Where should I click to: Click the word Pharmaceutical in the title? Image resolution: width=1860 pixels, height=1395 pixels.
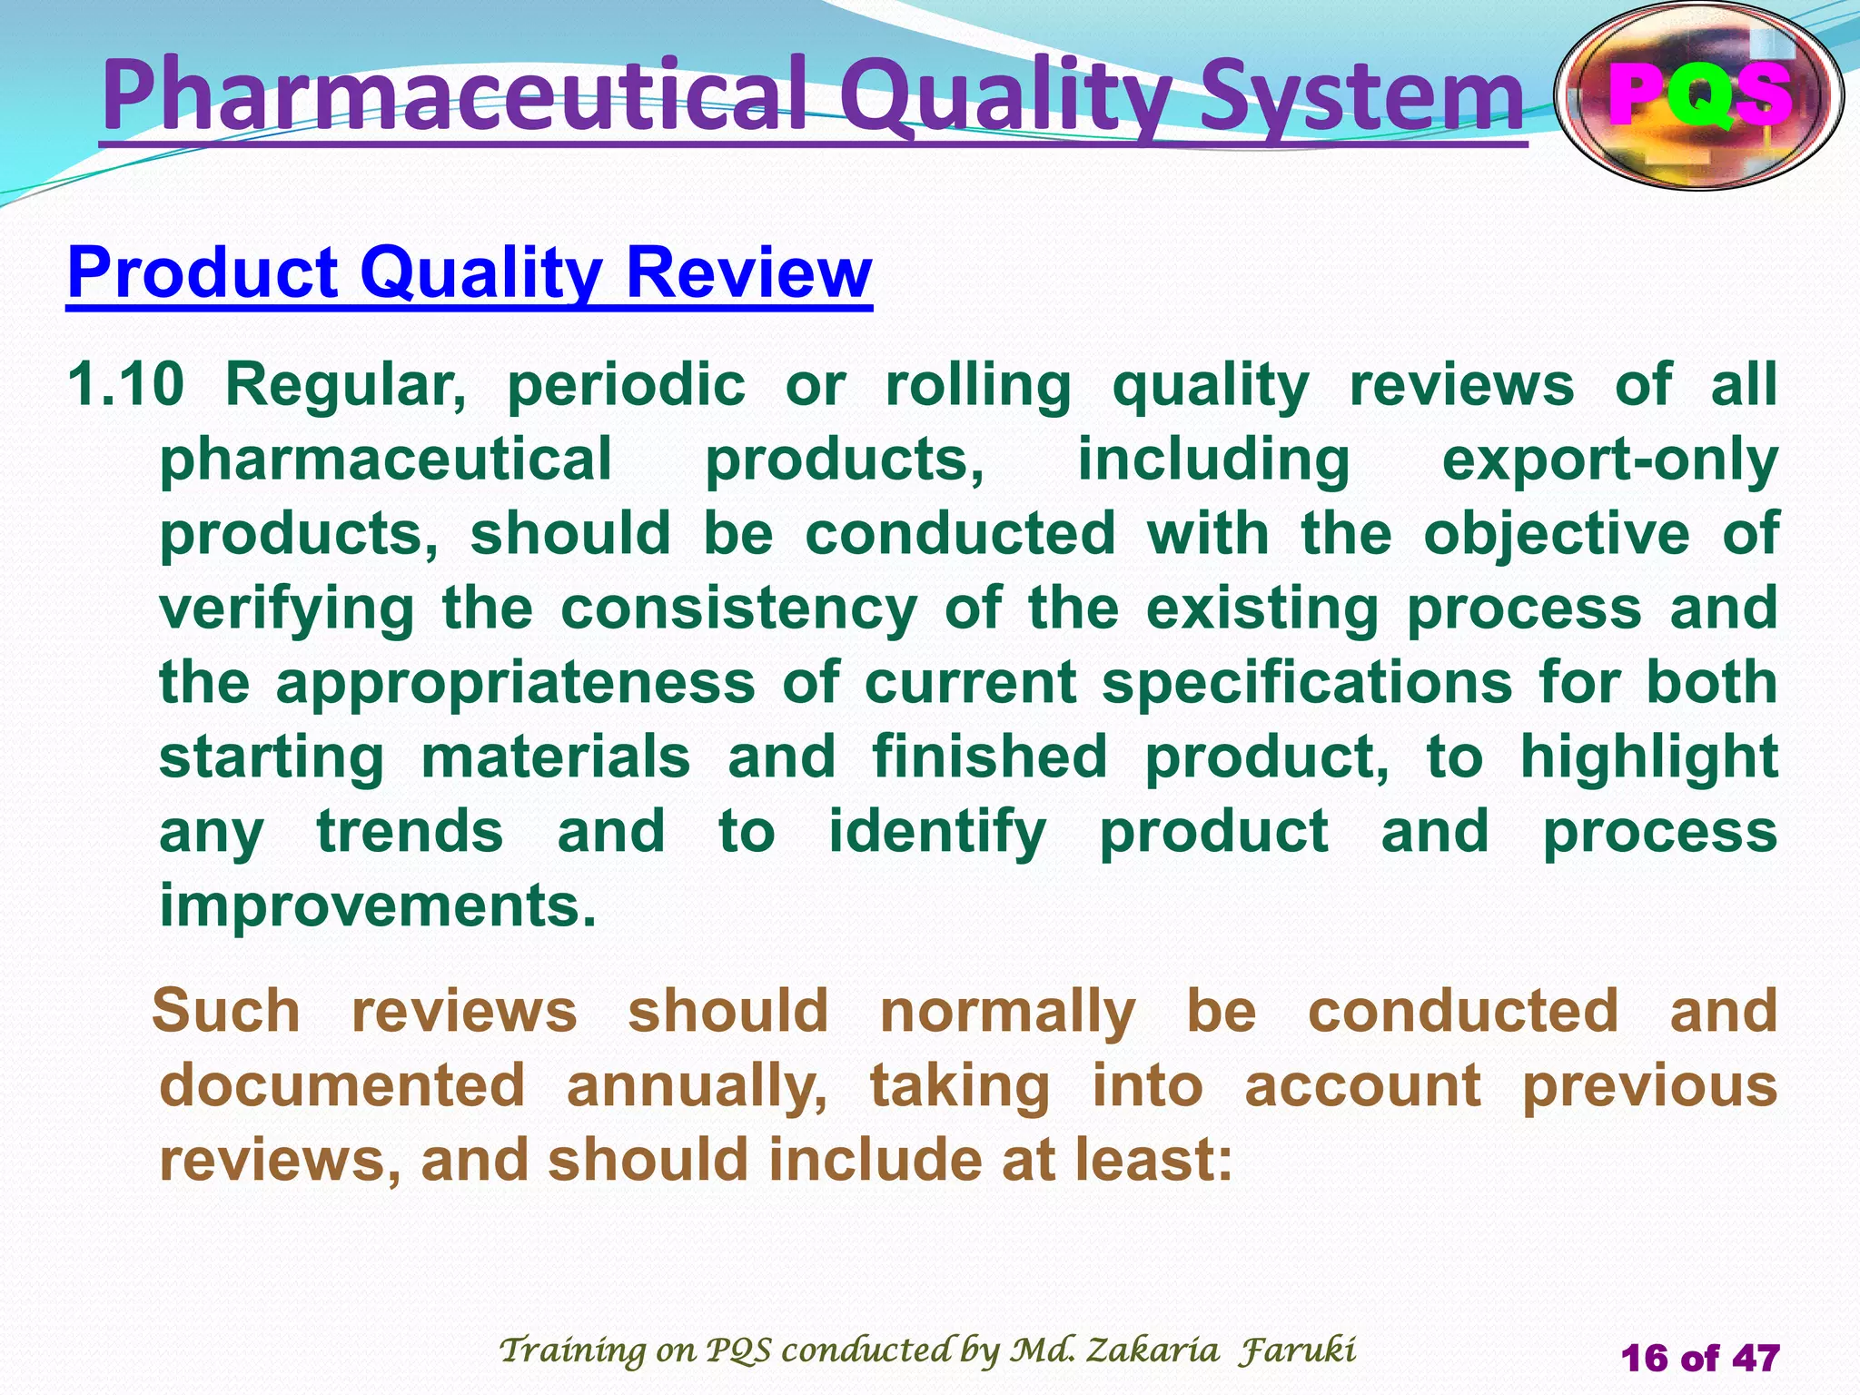[454, 95]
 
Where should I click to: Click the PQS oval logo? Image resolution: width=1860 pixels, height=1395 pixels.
[1699, 95]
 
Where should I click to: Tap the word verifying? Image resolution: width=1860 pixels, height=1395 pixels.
[287, 609]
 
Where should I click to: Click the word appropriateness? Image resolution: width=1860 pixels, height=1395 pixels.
[515, 684]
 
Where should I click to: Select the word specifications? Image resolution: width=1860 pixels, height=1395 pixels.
[1307, 684]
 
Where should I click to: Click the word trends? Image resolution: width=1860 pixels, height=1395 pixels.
[410, 832]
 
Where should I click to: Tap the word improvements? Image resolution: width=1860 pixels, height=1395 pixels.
[378, 905]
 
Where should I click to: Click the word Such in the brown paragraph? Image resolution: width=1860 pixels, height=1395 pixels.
[226, 1011]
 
